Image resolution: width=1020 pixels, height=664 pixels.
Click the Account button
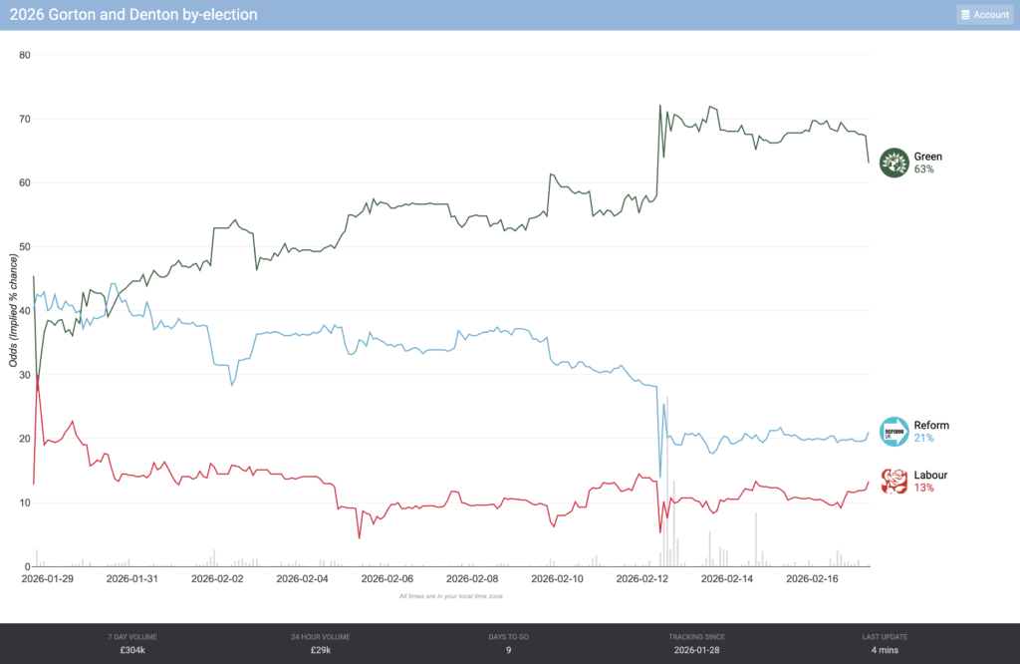point(984,15)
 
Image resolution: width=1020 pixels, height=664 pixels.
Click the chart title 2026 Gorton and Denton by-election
point(132,15)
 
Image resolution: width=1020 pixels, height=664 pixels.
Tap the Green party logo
point(895,163)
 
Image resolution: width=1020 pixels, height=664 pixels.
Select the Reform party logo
point(895,432)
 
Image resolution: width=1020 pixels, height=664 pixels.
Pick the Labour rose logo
point(895,482)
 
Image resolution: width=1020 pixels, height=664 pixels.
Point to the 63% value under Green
point(923,169)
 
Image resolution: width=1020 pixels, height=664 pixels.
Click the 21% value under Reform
point(923,439)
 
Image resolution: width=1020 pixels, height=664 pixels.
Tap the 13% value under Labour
point(923,489)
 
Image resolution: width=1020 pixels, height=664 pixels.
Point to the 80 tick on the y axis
point(25,55)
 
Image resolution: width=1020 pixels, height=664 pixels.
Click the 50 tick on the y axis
point(25,246)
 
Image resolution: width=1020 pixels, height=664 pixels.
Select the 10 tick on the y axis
point(25,502)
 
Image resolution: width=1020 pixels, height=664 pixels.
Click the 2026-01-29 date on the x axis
point(48,578)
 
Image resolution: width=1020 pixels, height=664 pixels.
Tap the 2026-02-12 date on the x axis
point(644,578)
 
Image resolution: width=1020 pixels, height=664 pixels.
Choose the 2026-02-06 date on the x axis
point(388,578)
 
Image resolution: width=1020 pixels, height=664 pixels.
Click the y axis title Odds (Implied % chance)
point(13,310)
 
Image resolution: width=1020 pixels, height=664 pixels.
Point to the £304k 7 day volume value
point(132,651)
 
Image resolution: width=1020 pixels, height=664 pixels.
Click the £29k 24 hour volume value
point(321,651)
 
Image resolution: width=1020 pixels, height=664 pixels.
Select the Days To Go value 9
point(509,651)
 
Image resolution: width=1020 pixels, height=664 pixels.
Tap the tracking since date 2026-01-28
point(697,651)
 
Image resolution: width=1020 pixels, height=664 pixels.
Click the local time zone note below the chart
point(451,595)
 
